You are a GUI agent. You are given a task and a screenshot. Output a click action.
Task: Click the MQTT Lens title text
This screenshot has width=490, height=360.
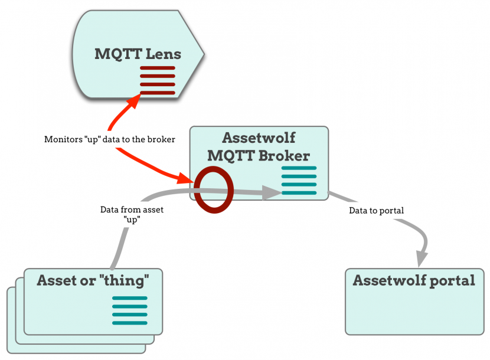coord(138,54)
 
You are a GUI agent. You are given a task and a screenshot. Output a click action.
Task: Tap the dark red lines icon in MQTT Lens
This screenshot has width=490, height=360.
coord(158,81)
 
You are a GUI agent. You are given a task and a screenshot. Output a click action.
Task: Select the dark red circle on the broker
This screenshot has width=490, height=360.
coord(214,189)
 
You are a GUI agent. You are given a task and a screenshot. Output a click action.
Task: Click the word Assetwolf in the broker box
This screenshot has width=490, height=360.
coord(258,139)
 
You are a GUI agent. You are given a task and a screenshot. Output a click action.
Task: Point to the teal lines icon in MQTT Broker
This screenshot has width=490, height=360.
coord(299,181)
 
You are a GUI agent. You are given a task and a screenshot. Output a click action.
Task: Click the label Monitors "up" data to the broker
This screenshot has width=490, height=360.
coord(110,140)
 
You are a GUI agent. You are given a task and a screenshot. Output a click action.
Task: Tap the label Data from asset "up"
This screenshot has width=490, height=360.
coord(132,214)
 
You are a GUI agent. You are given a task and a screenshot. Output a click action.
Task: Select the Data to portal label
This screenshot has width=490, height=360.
coord(376,210)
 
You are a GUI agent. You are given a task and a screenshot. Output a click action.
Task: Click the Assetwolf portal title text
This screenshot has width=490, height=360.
coord(413,280)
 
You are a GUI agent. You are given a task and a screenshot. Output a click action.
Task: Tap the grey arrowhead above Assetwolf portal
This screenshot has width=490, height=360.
coord(421,258)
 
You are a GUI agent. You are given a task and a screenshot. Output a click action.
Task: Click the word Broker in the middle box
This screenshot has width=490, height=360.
coord(286,156)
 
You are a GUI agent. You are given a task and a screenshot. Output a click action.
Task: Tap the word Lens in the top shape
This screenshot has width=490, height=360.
coord(164,54)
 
